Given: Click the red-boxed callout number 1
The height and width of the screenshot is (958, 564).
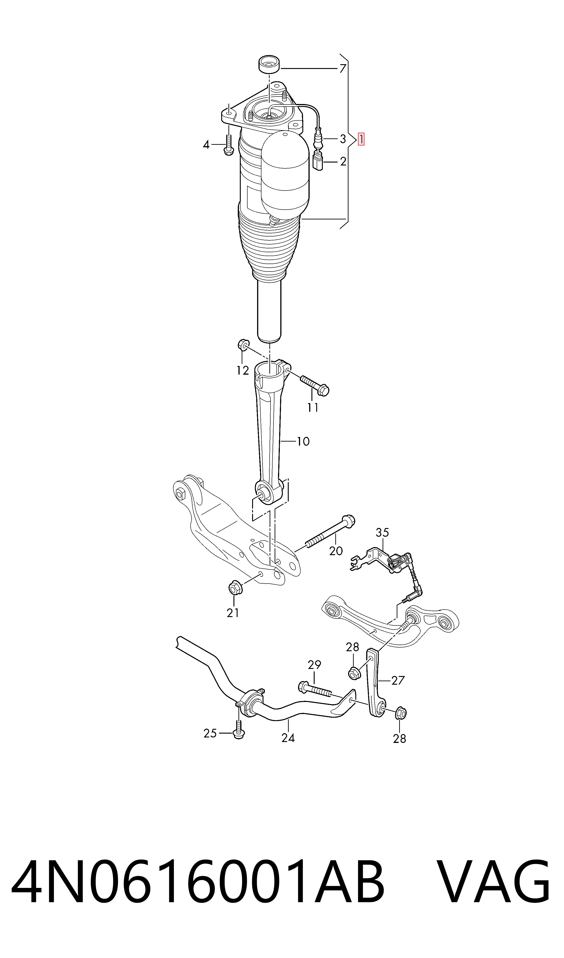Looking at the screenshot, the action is [x=361, y=139].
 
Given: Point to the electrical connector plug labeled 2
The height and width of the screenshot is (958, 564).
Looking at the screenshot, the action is [x=318, y=162].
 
